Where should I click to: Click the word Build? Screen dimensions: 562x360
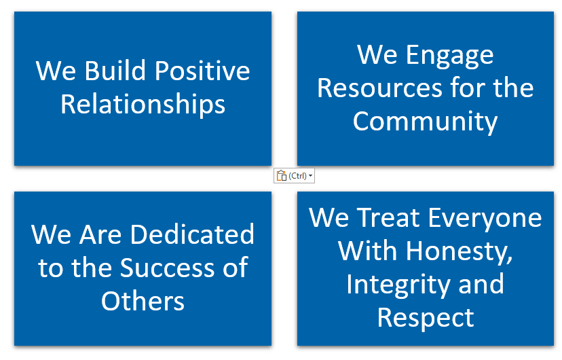[x=115, y=70]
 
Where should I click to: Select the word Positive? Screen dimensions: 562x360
[x=202, y=70]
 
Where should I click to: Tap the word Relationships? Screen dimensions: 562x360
[x=143, y=105]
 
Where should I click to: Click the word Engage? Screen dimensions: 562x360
[x=450, y=56]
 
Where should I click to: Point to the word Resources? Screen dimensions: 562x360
[x=379, y=88]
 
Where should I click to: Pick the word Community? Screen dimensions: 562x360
[x=425, y=122]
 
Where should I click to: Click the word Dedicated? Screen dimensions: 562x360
[x=192, y=234]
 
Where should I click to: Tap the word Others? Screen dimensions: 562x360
[x=143, y=301]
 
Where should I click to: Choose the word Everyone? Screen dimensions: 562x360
[x=485, y=219]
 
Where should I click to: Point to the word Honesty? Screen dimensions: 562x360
[x=459, y=252]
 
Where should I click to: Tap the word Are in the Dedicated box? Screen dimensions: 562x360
[x=100, y=234]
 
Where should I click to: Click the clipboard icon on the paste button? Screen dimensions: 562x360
[x=282, y=176]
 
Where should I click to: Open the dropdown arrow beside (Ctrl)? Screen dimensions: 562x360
[x=310, y=176]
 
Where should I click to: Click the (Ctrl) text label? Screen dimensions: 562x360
[x=297, y=176]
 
